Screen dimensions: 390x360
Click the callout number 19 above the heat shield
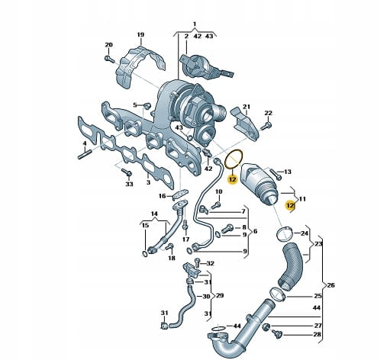140,35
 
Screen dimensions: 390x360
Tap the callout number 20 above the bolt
108,45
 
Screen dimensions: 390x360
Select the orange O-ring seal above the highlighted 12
234,159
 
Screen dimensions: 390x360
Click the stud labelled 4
85,154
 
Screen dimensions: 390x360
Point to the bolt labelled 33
127,172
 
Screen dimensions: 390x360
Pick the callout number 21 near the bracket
247,107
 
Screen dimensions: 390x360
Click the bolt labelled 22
266,125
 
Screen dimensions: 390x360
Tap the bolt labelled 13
276,174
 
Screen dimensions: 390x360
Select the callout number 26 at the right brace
330,285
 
